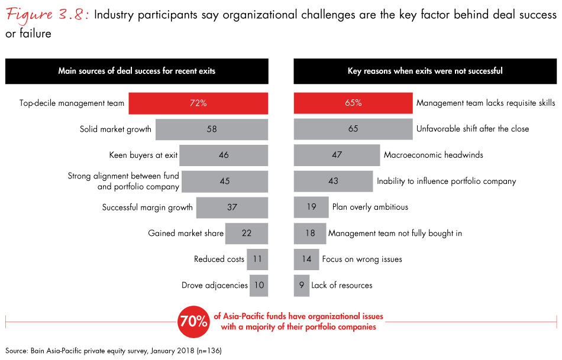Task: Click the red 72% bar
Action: coord(198,103)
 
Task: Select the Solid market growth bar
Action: coord(212,129)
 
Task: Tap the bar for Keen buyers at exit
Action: coord(224,155)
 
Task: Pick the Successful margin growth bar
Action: coord(232,207)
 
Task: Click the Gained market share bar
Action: coord(247,233)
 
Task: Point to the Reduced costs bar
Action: coord(257,259)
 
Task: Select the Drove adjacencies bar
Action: coord(259,285)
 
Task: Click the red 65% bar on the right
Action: coord(353,103)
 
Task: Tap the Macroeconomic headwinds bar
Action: coord(337,155)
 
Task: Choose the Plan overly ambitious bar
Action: coord(311,207)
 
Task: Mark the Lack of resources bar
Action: coord(302,285)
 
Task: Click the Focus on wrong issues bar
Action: coord(306,259)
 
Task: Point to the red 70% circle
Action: coord(194,322)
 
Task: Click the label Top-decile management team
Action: coord(72,103)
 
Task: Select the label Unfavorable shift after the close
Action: coord(473,129)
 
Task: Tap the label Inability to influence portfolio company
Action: coord(446,181)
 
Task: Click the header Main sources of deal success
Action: coord(137,71)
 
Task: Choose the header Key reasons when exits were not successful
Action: coord(425,71)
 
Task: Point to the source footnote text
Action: coord(113,351)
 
